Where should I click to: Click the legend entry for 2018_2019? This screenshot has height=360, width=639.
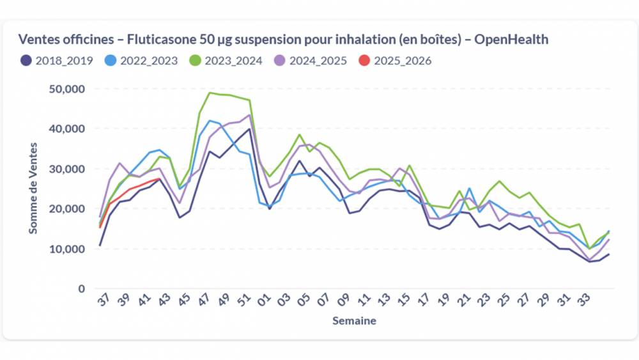coord(56,61)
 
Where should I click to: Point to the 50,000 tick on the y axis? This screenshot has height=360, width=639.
coord(66,89)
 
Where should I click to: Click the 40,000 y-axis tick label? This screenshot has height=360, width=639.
coord(66,129)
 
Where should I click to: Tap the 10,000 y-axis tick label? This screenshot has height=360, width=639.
coord(66,249)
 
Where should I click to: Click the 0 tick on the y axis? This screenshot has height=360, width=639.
coord(81,289)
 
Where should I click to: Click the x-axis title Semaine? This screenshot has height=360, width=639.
coord(354,321)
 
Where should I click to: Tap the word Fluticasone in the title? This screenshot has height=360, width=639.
coord(160,40)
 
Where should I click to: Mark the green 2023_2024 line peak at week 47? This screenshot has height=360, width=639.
coord(210,93)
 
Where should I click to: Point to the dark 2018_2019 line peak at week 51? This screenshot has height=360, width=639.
coord(249,129)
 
